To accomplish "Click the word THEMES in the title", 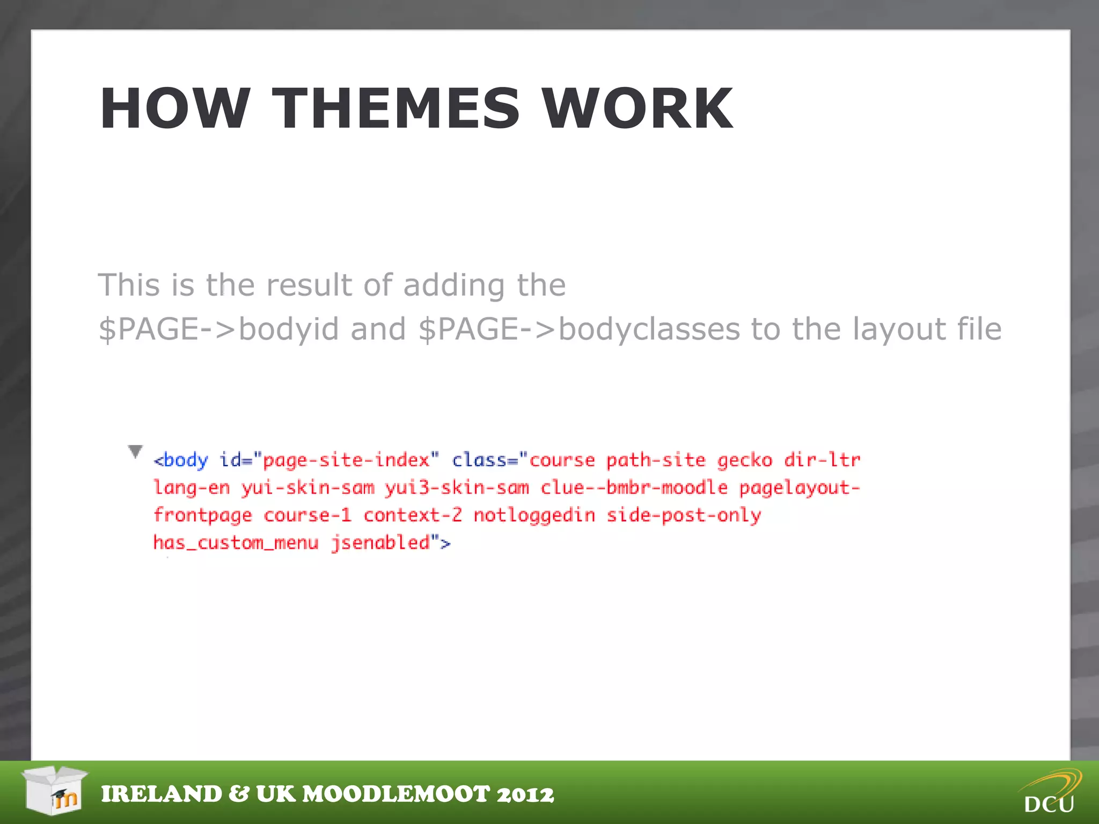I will [x=395, y=109].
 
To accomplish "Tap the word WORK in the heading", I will [x=637, y=109].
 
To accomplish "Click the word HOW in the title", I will [x=175, y=109].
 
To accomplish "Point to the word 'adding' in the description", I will [x=454, y=285].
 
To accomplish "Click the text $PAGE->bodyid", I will [x=218, y=329].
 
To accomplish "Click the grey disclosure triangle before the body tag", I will [x=136, y=451].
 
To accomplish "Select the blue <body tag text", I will [x=181, y=460].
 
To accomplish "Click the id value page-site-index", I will [x=346, y=460].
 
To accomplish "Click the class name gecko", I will [x=744, y=460].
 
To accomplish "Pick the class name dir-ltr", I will [x=822, y=460].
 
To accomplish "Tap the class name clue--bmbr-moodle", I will [x=634, y=488].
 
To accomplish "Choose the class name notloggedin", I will [x=534, y=516].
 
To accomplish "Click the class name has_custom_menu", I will [x=236, y=543].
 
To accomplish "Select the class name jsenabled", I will [x=380, y=543].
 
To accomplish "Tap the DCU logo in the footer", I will [x=1050, y=792].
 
